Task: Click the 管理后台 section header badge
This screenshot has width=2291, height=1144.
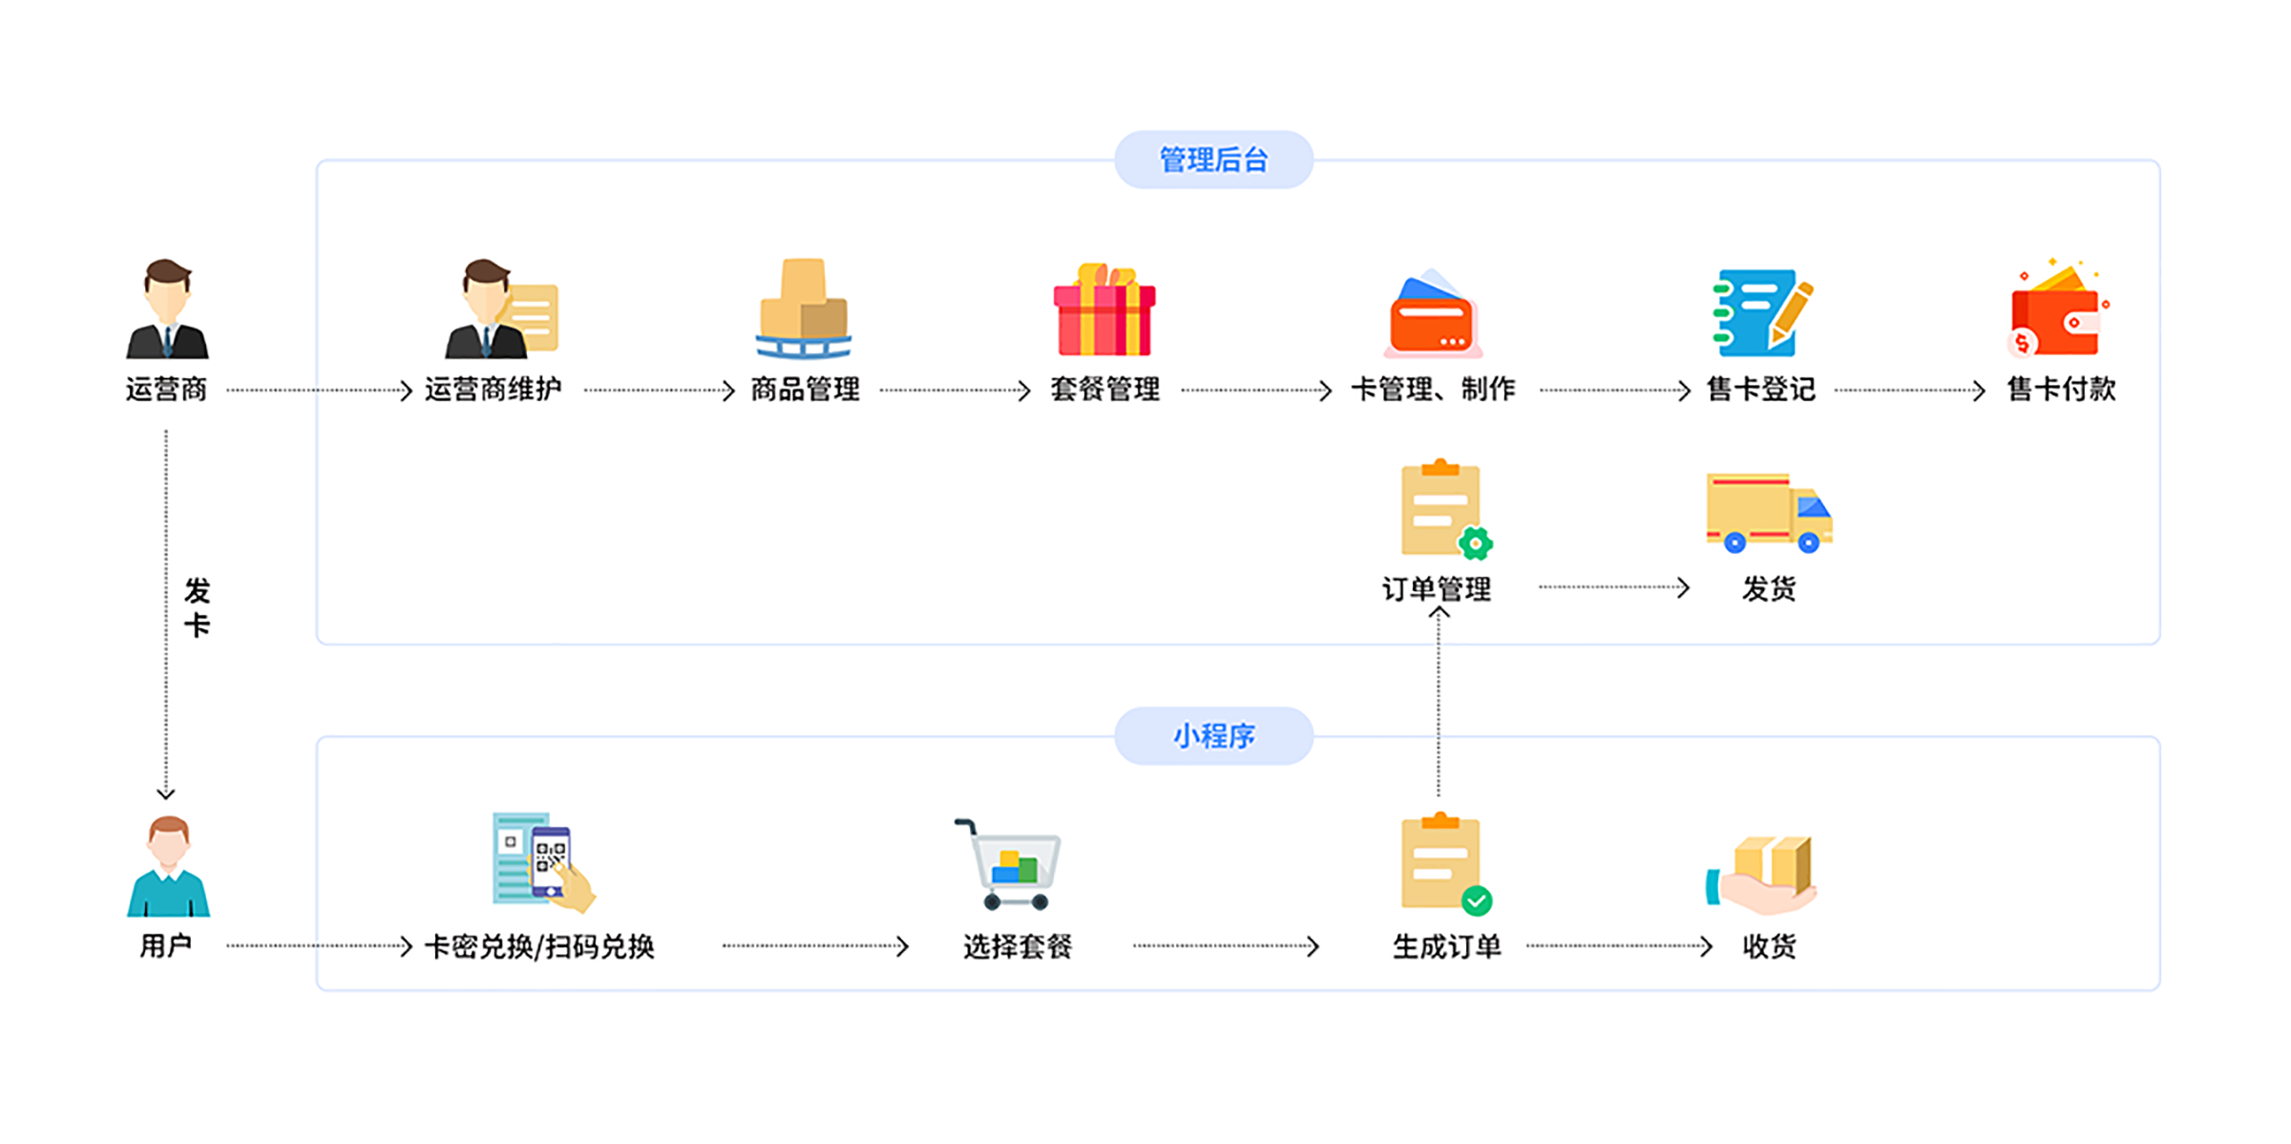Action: [x=1213, y=159]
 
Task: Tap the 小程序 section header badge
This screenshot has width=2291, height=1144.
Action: [x=1213, y=735]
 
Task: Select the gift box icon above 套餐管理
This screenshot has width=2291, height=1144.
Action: [x=1104, y=310]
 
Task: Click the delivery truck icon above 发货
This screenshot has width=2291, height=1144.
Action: [x=1768, y=513]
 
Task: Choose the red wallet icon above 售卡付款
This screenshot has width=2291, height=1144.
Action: [x=2057, y=310]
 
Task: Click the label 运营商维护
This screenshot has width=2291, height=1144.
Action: [x=493, y=390]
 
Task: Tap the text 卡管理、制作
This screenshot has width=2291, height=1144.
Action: [x=1433, y=390]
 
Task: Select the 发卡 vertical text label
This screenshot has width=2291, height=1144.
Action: [x=197, y=607]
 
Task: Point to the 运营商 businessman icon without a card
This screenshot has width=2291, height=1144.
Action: [x=167, y=310]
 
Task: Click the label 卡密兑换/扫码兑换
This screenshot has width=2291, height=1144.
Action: [x=539, y=946]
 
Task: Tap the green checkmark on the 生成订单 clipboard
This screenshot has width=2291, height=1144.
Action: [x=1477, y=900]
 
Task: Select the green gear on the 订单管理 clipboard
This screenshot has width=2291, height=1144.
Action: [x=1476, y=543]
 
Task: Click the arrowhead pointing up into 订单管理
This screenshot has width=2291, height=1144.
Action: [x=1439, y=613]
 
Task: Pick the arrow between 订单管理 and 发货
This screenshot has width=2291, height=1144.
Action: [x=1613, y=587]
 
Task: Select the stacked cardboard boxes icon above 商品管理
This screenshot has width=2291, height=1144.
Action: [x=804, y=308]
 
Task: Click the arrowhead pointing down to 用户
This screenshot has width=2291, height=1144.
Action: [x=166, y=793]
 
